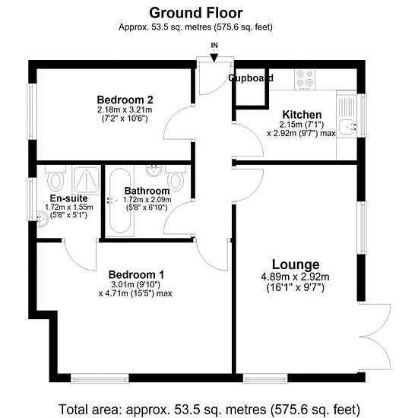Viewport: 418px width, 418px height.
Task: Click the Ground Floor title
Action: click(x=196, y=13)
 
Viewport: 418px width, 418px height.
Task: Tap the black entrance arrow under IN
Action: click(x=214, y=58)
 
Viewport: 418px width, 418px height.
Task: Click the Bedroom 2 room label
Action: click(x=125, y=100)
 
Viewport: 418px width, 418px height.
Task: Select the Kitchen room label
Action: click(x=302, y=115)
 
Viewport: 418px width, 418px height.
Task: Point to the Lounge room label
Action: click(x=296, y=264)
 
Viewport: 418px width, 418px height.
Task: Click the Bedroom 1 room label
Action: click(x=136, y=274)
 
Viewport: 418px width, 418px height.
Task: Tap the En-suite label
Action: click(x=68, y=198)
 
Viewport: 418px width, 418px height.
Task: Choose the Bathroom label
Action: click(x=147, y=191)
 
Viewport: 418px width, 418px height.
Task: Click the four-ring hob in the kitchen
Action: click(x=305, y=79)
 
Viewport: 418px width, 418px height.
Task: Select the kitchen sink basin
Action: click(x=347, y=127)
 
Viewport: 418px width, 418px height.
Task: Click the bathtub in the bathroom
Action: click(x=120, y=201)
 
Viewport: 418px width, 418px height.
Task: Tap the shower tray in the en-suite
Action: click(x=86, y=179)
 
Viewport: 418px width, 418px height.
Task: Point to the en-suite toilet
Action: click(x=55, y=178)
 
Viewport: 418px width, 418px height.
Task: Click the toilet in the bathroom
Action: click(x=176, y=178)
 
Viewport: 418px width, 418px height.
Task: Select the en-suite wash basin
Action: click(x=42, y=219)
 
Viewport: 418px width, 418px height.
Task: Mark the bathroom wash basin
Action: click(x=154, y=170)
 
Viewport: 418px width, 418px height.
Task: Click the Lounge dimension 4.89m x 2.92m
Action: click(x=295, y=277)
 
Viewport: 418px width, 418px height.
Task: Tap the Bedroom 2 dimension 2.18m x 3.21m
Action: click(x=125, y=109)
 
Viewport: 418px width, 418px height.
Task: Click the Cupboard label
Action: click(x=251, y=78)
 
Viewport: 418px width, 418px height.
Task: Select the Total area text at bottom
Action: click(x=209, y=409)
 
